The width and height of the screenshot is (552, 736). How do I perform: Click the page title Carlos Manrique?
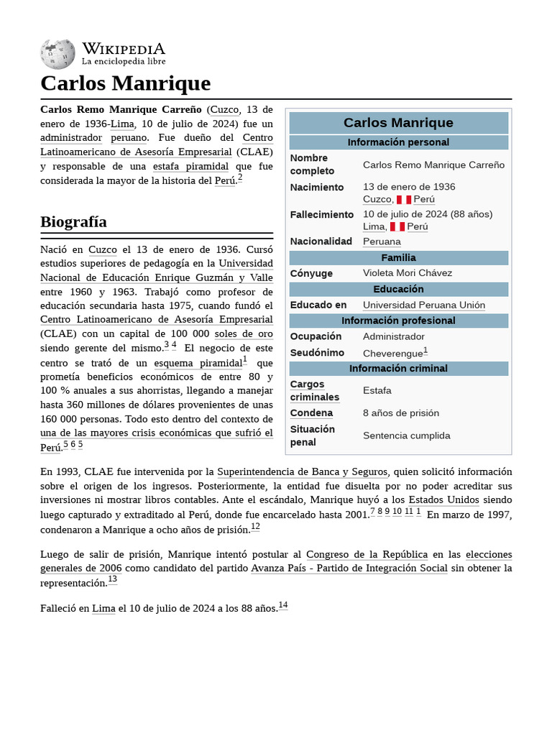pos(125,83)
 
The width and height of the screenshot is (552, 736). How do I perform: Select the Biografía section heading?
pos(73,221)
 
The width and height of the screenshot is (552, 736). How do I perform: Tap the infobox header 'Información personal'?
pos(398,142)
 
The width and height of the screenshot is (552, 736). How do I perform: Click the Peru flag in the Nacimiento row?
pos(403,200)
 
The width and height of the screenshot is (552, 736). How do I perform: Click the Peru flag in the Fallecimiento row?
pos(397,227)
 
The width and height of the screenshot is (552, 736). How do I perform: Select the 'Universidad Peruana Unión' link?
pos(423,305)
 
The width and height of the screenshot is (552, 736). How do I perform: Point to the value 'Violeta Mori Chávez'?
pos(407,273)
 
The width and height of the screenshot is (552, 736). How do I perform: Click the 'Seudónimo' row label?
pos(317,353)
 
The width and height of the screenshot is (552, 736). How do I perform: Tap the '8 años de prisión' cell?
pos(400,413)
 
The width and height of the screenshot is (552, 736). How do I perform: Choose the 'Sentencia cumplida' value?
pos(406,436)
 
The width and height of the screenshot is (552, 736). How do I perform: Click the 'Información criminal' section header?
pos(398,369)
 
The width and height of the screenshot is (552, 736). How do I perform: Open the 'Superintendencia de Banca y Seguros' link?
pos(302,471)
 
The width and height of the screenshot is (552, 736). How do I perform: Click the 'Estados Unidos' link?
pos(443,500)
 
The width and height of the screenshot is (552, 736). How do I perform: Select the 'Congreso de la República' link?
pos(367,554)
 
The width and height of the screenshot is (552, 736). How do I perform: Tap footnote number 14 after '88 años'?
pos(283,605)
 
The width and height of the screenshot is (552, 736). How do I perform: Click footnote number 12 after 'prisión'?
pos(255,527)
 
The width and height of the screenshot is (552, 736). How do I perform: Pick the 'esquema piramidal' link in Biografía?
pos(198,363)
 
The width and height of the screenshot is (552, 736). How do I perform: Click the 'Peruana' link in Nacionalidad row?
pos(382,241)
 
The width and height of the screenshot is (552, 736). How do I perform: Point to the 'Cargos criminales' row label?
pos(314,390)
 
